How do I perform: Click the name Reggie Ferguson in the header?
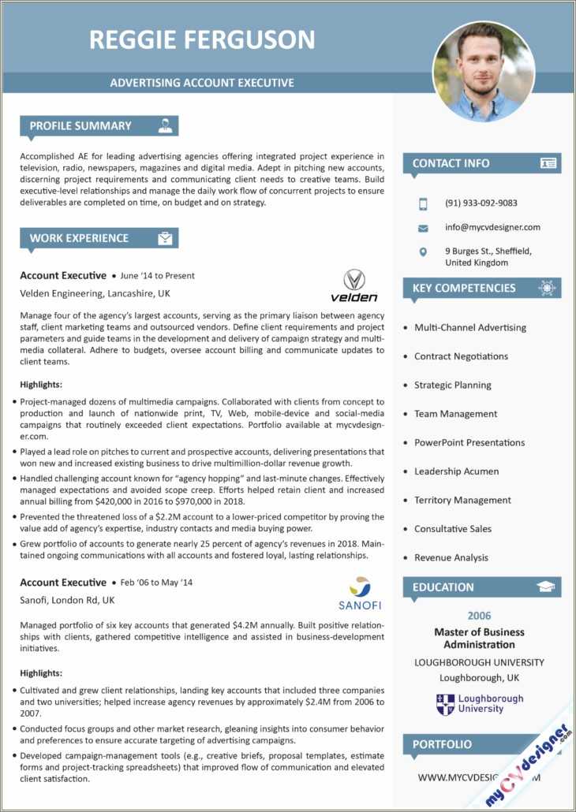[202, 39]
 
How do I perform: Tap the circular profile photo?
[484, 72]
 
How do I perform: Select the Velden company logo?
[354, 285]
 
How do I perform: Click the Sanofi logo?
[360, 594]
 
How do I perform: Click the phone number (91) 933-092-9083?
[481, 203]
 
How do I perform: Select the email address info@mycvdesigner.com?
[492, 227]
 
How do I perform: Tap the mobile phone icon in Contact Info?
[424, 203]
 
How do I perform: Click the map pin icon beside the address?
[424, 251]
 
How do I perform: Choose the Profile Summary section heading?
[80, 125]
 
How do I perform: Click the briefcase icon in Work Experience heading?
[165, 238]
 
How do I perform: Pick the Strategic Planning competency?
[452, 386]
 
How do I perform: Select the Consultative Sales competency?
[452, 529]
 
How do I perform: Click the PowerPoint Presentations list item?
[469, 443]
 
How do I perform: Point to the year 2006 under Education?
[479, 616]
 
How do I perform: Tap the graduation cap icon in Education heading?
[545, 587]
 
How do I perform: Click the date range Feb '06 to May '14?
[156, 583]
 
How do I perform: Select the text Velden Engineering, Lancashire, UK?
[95, 293]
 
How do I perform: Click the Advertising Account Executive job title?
[202, 83]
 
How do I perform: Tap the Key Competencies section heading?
[464, 289]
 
